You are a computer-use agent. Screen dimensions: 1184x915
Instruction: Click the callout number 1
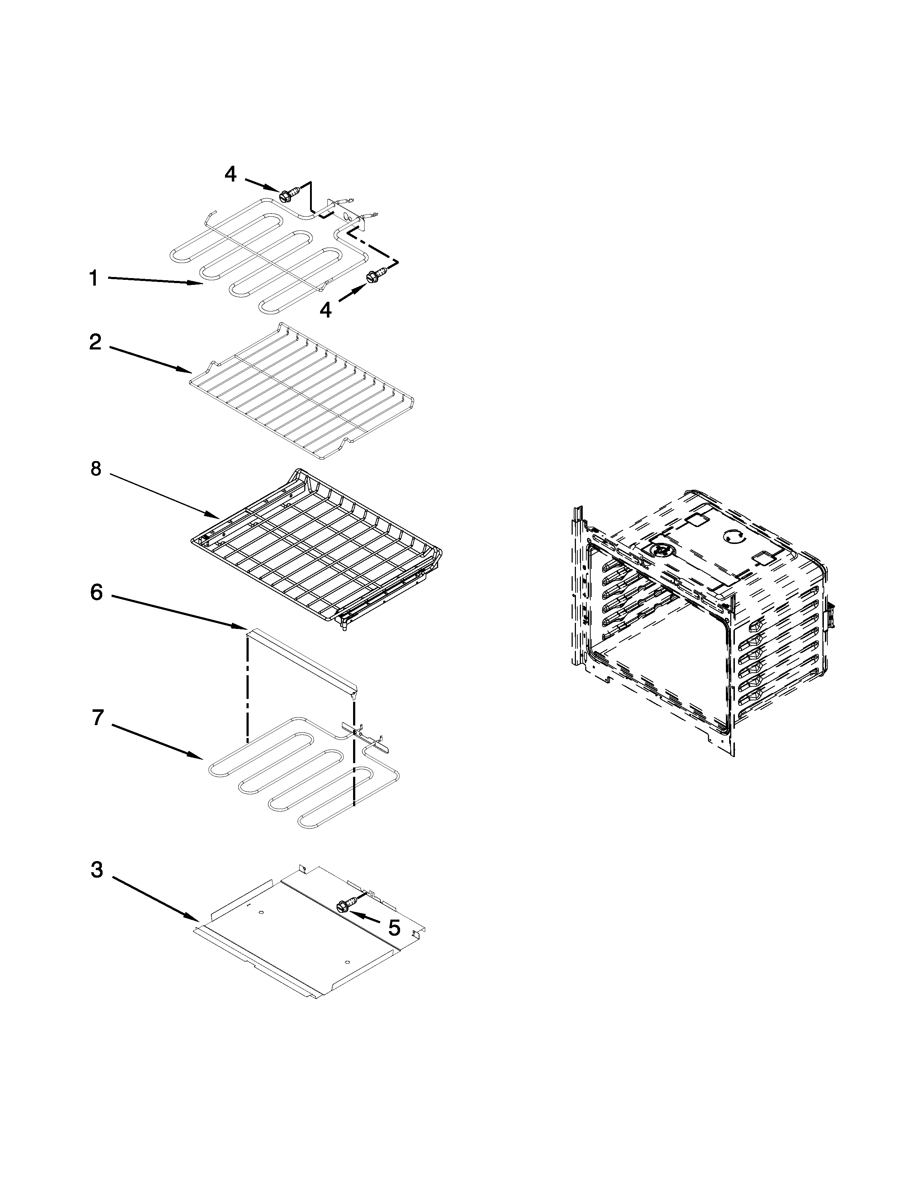pyautogui.click(x=94, y=279)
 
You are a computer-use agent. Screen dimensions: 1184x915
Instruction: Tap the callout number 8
pyautogui.click(x=96, y=469)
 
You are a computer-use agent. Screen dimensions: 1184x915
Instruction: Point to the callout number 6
pyautogui.click(x=96, y=593)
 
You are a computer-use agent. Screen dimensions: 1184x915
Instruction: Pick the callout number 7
pyautogui.click(x=97, y=717)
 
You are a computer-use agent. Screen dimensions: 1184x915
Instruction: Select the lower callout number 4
pyautogui.click(x=325, y=310)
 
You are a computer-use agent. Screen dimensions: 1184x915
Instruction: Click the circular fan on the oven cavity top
pyautogui.click(x=660, y=549)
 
